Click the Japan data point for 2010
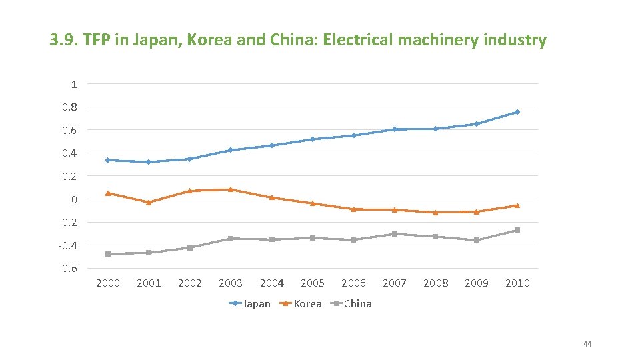click(x=517, y=112)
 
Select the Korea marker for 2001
click(x=149, y=202)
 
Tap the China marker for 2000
click(x=108, y=254)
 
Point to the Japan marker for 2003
click(x=231, y=150)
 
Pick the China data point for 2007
click(x=395, y=234)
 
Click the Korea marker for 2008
click(x=435, y=213)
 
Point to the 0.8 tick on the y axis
click(x=69, y=107)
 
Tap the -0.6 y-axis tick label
click(x=67, y=268)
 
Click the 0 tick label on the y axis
click(x=73, y=199)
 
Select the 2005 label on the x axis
click(x=313, y=283)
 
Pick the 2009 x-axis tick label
click(x=476, y=283)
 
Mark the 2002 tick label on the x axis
click(x=190, y=283)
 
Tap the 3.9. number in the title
click(x=63, y=41)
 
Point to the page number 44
click(x=587, y=344)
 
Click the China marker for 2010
click(x=517, y=230)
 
